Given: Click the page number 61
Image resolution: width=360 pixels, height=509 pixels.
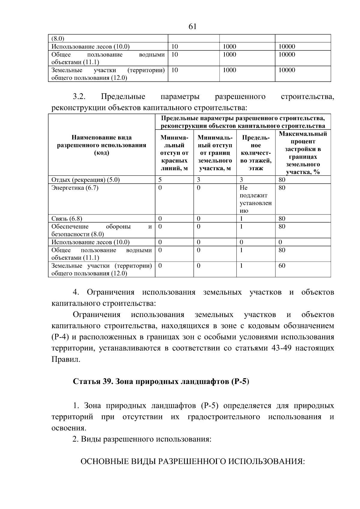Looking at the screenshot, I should coord(192,27).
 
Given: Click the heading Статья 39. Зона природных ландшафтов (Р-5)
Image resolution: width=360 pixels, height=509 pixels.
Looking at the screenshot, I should coord(161,382).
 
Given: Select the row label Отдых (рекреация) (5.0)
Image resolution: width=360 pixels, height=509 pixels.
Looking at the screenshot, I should coord(85,180).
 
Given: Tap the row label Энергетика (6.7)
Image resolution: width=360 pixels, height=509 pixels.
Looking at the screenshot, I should coord(75,188).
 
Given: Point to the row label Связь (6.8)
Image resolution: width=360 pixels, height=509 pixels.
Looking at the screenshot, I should coord(67,219).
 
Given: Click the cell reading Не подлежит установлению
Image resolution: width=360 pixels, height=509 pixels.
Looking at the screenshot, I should coord(256,199).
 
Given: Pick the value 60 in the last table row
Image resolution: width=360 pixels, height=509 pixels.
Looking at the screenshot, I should coord(282,266).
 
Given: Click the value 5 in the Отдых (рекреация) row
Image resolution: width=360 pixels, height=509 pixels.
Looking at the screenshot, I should coord(160,180).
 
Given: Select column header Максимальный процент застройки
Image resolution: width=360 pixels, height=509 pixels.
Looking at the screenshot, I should coord(303,153).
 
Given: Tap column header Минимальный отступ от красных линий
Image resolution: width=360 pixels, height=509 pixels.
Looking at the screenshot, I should coord(174,153).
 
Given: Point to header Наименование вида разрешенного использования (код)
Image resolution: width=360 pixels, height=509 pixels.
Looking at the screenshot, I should coord(101,145).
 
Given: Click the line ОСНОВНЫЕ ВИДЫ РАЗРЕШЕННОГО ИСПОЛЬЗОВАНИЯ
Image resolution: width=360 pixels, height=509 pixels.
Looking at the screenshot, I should coord(192,461).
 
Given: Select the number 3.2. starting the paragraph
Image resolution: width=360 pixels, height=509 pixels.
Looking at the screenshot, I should coord(79,97).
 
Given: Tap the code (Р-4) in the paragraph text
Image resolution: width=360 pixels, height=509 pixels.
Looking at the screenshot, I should coord(60,337).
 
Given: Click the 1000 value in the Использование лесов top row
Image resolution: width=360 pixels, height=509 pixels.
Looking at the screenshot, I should coord(229,46).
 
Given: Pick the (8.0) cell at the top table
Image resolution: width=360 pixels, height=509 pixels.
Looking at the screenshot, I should coord(58,39).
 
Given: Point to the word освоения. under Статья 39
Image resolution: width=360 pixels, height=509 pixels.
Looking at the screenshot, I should coord(69,428).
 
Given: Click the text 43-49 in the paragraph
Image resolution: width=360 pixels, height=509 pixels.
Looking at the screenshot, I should coord(281,348).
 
